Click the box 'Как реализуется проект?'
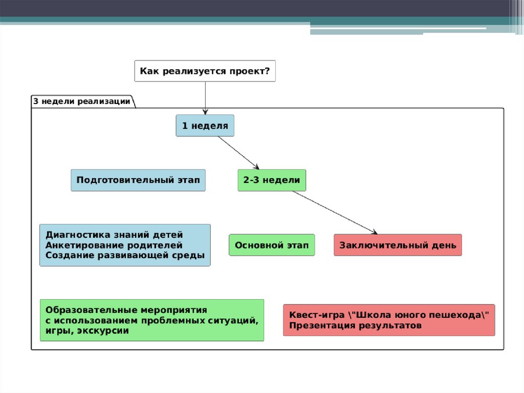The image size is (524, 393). (205, 71)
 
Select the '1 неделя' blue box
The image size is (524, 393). (205, 126)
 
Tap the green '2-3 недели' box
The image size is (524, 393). (272, 180)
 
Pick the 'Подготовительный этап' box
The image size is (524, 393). (138, 180)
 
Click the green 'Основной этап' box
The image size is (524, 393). (272, 245)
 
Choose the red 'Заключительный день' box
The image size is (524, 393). (397, 245)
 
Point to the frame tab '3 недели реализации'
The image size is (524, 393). (82, 101)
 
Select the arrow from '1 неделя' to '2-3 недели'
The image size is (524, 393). (238, 153)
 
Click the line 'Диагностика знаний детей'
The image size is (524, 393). (114, 235)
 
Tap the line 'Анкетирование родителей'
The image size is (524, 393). (114, 245)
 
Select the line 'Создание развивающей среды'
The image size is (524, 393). (125, 255)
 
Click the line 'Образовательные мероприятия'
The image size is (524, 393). (126, 311)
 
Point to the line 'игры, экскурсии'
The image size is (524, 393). (87, 331)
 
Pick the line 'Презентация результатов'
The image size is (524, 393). (355, 325)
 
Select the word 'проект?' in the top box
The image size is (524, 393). (250, 71)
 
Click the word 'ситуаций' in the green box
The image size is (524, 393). (236, 321)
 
